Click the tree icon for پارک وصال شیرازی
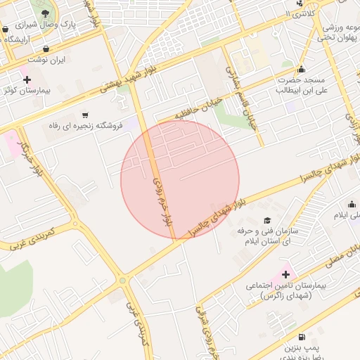tap(46, 13)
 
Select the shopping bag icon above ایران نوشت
tap(46, 49)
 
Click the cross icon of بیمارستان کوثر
tap(27, 79)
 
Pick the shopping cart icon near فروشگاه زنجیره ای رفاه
tap(85, 115)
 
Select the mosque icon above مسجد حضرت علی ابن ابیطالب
tap(301, 69)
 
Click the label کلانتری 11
tap(302, 14)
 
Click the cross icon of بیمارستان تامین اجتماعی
tap(285, 274)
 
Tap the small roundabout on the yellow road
tap(124, 281)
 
